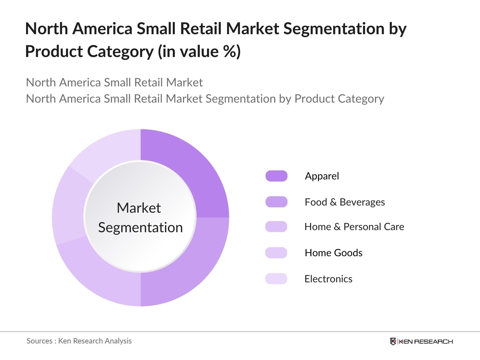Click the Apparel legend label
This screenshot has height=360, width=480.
click(x=322, y=176)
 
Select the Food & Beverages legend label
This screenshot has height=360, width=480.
click(x=344, y=202)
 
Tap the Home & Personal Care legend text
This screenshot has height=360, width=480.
click(x=354, y=227)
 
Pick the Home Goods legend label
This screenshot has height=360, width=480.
click(x=333, y=253)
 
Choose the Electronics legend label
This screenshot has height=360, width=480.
click(x=328, y=279)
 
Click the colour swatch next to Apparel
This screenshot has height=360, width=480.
click(x=276, y=176)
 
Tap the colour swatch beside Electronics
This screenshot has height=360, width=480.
click(x=276, y=279)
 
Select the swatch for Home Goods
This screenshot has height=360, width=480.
click(x=276, y=253)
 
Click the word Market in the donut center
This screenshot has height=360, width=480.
click(x=139, y=208)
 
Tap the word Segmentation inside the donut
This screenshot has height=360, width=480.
click(x=140, y=227)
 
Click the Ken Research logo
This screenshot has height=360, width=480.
click(x=421, y=341)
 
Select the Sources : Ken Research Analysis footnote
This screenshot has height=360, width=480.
click(x=79, y=341)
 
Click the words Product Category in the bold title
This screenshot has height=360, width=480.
click(x=89, y=51)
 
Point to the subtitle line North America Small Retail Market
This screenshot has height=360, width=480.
click(x=114, y=82)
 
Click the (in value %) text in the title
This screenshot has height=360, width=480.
click(x=199, y=51)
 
